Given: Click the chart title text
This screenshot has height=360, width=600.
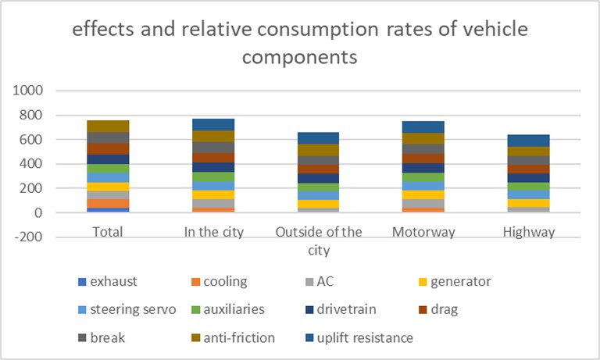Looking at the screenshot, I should (x=300, y=43).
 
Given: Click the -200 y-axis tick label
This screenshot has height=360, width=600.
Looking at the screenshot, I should (x=29, y=237).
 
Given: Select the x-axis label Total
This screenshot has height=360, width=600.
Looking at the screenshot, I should (x=109, y=232).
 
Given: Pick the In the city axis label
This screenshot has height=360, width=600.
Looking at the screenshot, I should (x=213, y=232).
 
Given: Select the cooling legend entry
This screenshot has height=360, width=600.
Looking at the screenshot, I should (x=228, y=280).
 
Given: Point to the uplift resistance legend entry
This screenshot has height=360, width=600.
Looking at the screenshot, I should (x=364, y=337).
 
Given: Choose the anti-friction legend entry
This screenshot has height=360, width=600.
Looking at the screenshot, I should (x=244, y=337).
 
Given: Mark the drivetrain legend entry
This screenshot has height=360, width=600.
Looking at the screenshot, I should (x=345, y=309).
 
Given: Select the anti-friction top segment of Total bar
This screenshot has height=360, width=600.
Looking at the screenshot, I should (x=109, y=127).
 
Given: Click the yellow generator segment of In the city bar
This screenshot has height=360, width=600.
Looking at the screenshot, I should (x=213, y=195).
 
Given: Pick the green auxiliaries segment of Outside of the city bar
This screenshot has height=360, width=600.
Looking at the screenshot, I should (x=318, y=187).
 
